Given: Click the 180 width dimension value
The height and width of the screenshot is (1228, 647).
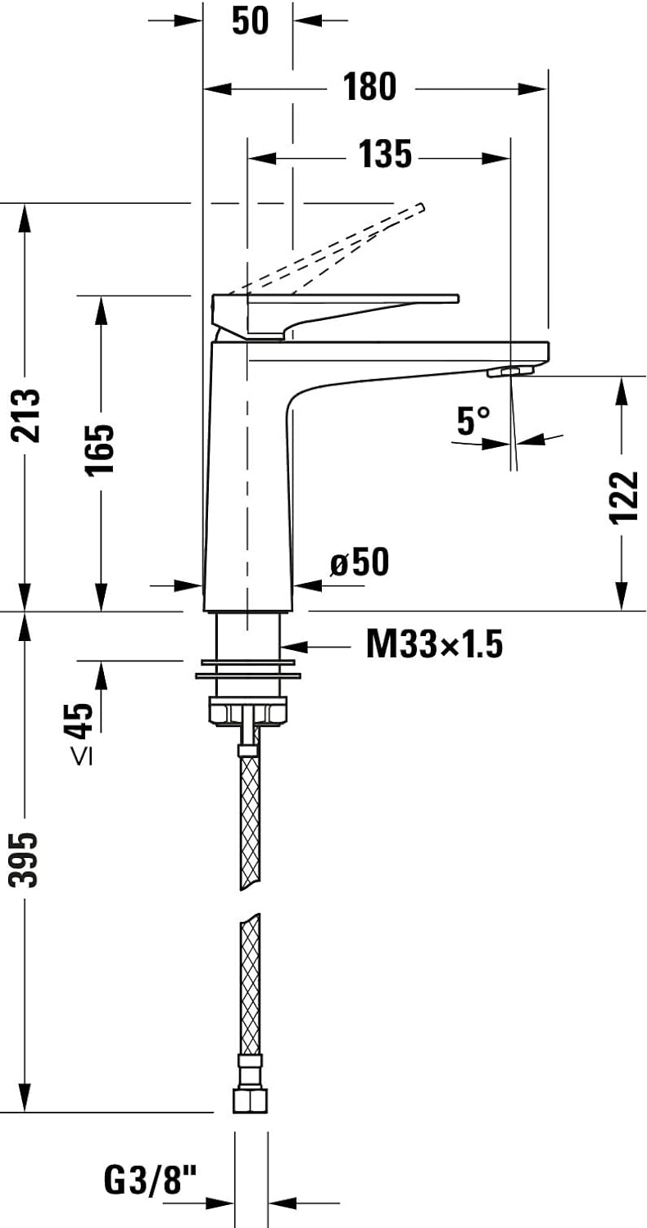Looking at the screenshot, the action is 369,87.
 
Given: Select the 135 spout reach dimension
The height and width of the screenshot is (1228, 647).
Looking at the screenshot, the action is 385,154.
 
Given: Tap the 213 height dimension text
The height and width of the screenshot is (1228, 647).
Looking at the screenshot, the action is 26,415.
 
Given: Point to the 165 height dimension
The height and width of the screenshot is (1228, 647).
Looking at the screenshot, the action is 100,449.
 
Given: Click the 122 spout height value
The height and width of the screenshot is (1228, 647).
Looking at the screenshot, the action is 625,497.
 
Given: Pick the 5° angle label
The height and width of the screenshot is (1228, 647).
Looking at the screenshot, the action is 473,421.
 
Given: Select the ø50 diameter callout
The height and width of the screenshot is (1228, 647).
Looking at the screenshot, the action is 360,562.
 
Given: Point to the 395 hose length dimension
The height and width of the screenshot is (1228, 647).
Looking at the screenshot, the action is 24,860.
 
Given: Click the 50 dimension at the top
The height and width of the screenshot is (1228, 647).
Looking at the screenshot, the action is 251,20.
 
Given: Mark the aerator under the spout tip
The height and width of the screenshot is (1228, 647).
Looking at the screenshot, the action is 510,372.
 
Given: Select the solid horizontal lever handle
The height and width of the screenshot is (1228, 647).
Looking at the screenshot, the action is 335,316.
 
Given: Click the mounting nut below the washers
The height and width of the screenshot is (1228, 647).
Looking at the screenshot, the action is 248,711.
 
